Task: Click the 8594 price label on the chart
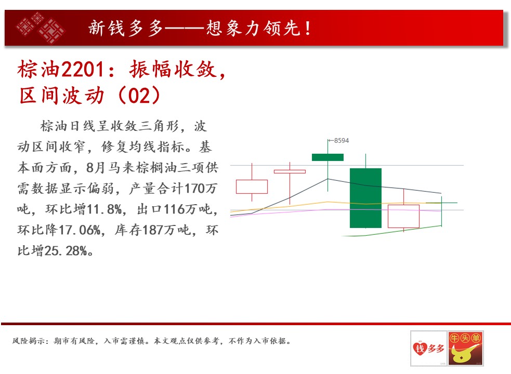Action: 341,141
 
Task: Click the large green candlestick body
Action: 365,198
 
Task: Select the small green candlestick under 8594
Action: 327,157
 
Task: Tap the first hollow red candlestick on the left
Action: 252,186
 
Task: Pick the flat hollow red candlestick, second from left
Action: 290,171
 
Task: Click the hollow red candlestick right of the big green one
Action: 403,216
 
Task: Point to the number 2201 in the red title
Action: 83,70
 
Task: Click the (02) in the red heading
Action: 139,96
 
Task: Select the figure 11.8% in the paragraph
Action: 105,209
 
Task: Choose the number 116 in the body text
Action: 174,209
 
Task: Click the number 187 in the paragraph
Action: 152,230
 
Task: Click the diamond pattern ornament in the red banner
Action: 41,28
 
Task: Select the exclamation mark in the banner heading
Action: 308,28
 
